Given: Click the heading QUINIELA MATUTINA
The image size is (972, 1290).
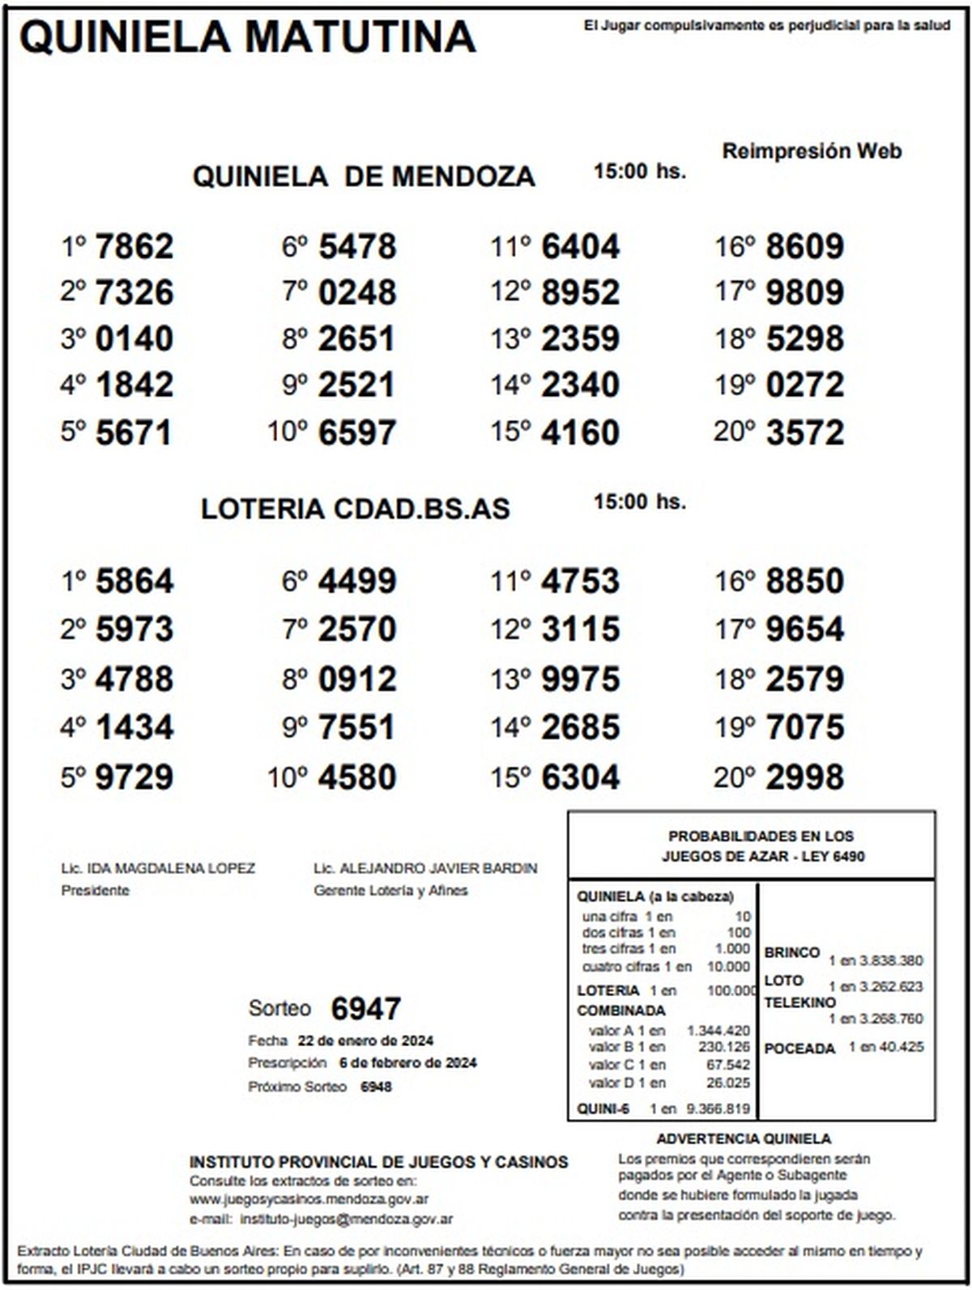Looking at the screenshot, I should tap(247, 36).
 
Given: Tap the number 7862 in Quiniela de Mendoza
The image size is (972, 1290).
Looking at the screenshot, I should tap(134, 246).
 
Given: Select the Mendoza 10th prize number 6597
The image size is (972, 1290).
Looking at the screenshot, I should tap(357, 432).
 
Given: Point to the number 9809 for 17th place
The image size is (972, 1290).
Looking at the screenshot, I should tap(804, 292).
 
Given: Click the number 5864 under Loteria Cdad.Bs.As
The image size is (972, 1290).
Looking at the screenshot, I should tap(134, 581).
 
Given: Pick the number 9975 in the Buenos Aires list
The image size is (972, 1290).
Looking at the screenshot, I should tap(580, 679).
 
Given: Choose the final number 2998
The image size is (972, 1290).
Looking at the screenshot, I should tap(804, 777).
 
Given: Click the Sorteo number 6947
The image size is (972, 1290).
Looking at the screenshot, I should tap(366, 1009).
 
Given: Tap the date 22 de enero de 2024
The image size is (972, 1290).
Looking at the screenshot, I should tap(365, 1041).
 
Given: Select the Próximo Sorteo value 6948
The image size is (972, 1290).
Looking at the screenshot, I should tap(376, 1087).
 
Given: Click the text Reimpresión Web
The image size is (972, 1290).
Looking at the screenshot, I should tap(812, 151).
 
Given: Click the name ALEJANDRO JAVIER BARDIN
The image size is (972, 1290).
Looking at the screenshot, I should tap(438, 869).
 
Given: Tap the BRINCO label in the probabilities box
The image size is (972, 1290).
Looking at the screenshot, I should tap(791, 952).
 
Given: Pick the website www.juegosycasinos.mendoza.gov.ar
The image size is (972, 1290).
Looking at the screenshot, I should tap(309, 1199).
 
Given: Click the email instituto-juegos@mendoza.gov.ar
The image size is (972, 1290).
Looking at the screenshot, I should tap(347, 1219).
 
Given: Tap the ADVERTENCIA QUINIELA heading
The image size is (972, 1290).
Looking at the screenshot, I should tap(744, 1139).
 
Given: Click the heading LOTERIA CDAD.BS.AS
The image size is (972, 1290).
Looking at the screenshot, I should tap(356, 509).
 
